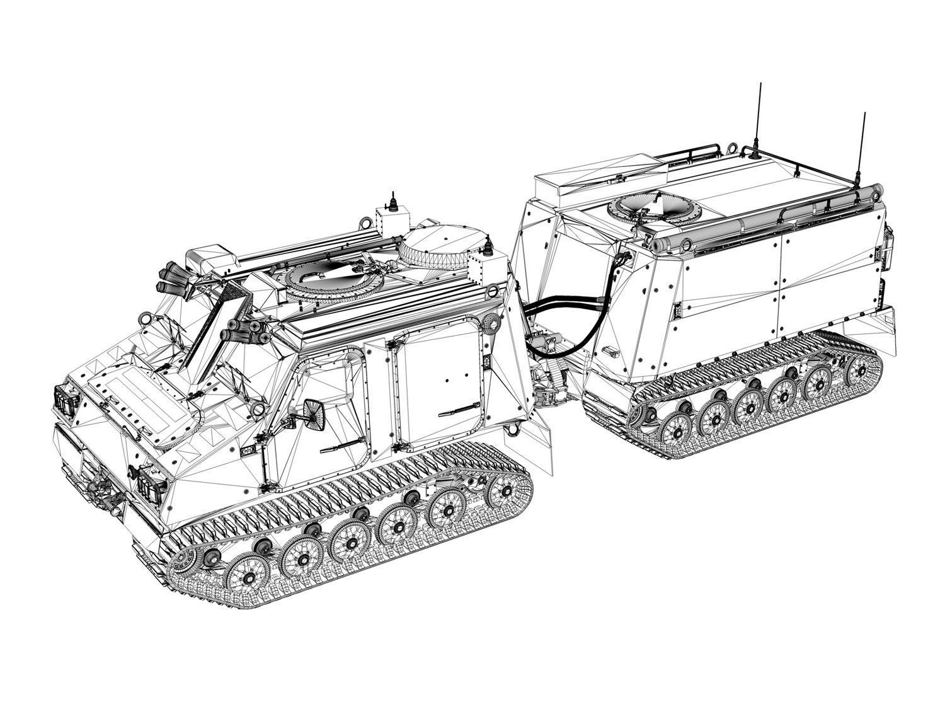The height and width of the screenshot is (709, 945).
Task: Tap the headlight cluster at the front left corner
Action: point(65,400)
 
